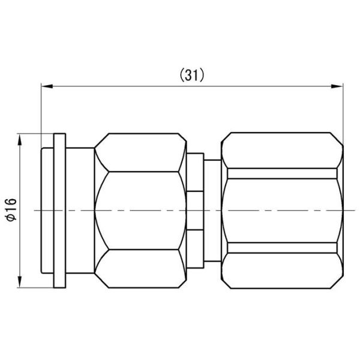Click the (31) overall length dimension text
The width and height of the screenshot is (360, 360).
[x=193, y=75]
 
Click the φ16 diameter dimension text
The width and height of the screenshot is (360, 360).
[x=11, y=209]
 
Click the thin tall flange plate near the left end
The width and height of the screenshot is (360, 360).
[x=59, y=209]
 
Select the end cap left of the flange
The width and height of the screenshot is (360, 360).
[x=47, y=209]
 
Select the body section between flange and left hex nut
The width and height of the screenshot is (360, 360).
[x=79, y=209]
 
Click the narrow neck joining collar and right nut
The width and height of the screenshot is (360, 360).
[x=212, y=209]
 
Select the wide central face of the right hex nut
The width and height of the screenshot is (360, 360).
[x=282, y=210]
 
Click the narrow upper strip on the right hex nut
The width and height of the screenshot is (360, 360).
[x=282, y=173]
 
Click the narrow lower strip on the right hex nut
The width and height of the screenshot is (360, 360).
[x=282, y=247]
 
